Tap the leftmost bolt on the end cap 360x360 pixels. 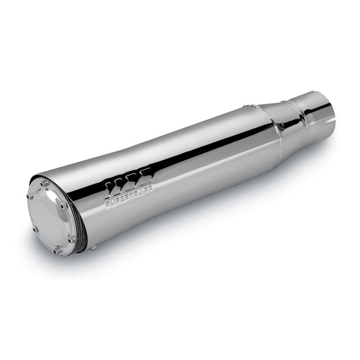point(33,228)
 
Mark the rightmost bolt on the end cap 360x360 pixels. point(72,239)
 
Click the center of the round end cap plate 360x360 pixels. point(52,218)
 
